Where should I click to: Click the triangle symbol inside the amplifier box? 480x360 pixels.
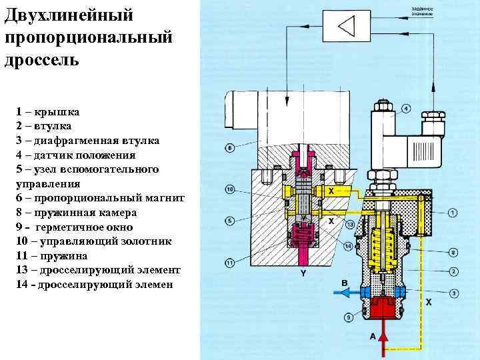click(x=346, y=27)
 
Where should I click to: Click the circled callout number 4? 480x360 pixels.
click(x=405, y=108)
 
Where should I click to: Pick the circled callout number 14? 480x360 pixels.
click(x=348, y=247)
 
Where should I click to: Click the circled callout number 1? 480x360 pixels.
click(x=453, y=213)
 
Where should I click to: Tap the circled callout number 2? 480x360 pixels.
click(x=453, y=271)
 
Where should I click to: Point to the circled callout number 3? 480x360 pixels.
click(x=453, y=293)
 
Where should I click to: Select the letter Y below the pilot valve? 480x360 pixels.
click(x=303, y=274)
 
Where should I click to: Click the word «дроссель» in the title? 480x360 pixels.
click(x=42, y=59)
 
